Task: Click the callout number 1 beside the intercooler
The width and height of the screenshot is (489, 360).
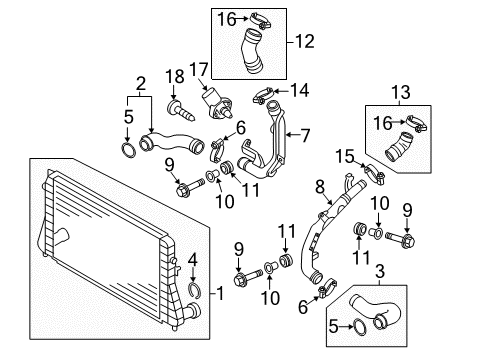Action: (x=220, y=293)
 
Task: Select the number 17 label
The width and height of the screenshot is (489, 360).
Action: (x=199, y=69)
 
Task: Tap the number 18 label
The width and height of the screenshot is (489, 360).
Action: (x=175, y=77)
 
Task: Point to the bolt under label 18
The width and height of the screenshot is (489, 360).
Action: (x=180, y=111)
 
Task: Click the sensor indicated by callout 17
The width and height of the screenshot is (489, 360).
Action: (x=215, y=104)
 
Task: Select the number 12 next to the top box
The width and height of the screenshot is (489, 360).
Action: (x=305, y=42)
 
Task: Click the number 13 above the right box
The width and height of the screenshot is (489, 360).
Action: (x=401, y=92)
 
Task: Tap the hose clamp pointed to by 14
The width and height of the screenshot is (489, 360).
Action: (x=264, y=95)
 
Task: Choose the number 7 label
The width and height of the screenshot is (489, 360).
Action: (x=305, y=136)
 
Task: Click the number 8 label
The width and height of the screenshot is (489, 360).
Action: (x=320, y=187)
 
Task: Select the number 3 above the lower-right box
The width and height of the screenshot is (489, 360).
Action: (x=380, y=271)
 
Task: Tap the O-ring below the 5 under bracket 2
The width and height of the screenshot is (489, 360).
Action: (x=129, y=150)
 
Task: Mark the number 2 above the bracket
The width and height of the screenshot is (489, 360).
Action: (x=141, y=84)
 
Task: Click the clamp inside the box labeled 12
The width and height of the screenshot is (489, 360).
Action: (x=261, y=20)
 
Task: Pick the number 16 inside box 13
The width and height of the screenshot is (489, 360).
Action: (x=383, y=123)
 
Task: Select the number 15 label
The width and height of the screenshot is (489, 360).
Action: (x=345, y=156)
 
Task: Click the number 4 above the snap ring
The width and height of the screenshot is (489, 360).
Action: (x=193, y=261)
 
